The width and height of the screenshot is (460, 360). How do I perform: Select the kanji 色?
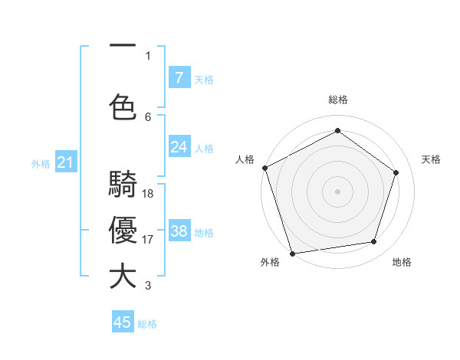click(x=123, y=106)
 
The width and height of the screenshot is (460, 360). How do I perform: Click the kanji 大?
click(x=123, y=277)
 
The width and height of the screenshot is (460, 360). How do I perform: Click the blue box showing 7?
click(x=179, y=78)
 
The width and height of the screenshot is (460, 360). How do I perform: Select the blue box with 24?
click(x=179, y=147)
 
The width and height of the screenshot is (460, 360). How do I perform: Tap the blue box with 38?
click(x=179, y=231)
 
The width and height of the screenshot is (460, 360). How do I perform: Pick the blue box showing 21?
click(x=65, y=162)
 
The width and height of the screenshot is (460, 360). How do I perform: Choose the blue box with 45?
click(x=123, y=322)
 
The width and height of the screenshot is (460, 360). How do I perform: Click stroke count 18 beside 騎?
click(x=148, y=194)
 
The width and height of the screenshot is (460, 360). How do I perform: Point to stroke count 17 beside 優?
click(x=148, y=239)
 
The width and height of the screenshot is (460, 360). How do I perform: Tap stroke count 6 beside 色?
click(x=148, y=116)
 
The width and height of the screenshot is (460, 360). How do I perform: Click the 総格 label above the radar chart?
click(x=337, y=100)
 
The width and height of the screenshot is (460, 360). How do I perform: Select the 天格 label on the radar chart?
click(x=431, y=159)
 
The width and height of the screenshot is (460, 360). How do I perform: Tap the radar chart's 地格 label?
click(x=402, y=262)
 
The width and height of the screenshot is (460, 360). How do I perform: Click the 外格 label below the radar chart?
click(x=270, y=262)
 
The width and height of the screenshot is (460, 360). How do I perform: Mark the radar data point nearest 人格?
click(x=264, y=168)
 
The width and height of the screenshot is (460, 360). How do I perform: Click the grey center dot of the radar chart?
click(x=337, y=191)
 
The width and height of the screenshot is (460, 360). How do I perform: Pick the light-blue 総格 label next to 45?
click(x=147, y=324)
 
